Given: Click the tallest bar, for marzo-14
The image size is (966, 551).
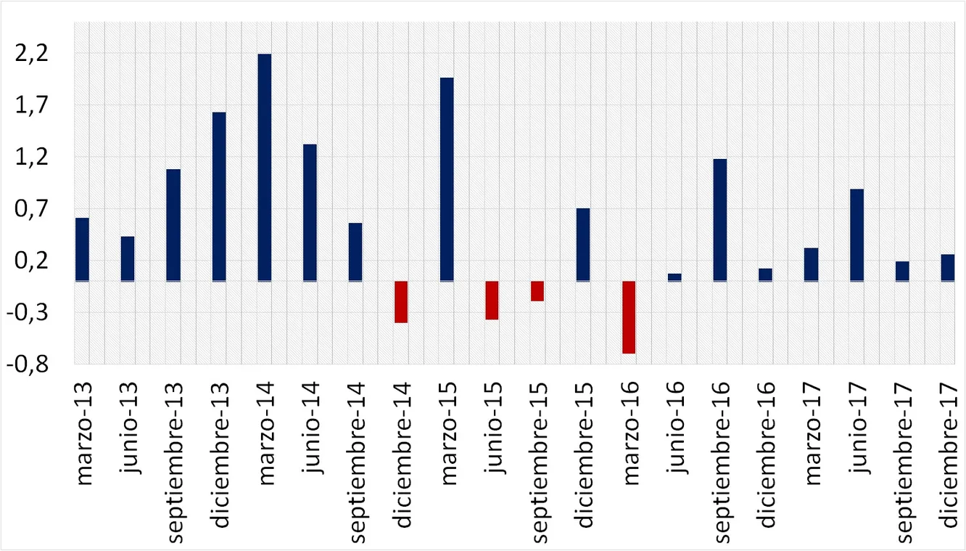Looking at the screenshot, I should pos(265,167).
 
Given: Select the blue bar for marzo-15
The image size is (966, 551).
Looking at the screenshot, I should pos(447,179).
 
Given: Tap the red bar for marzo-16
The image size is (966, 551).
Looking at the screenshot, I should pos(629,317).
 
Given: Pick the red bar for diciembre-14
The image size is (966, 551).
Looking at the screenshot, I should pos(401,302).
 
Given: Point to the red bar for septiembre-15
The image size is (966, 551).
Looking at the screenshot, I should pos(537,291).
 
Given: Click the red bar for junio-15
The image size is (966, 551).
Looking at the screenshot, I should pos(492,301).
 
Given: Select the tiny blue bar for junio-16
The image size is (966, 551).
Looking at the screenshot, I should pos(674,277).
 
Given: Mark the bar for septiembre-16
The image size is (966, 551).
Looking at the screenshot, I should pos(720,219).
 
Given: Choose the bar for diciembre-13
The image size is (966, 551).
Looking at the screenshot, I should pos(219,196).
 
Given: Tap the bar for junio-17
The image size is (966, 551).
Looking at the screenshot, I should pos(856,234).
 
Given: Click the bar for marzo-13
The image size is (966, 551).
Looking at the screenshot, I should pos(82,249).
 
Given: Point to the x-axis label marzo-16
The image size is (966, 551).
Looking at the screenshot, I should pos(629,433).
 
